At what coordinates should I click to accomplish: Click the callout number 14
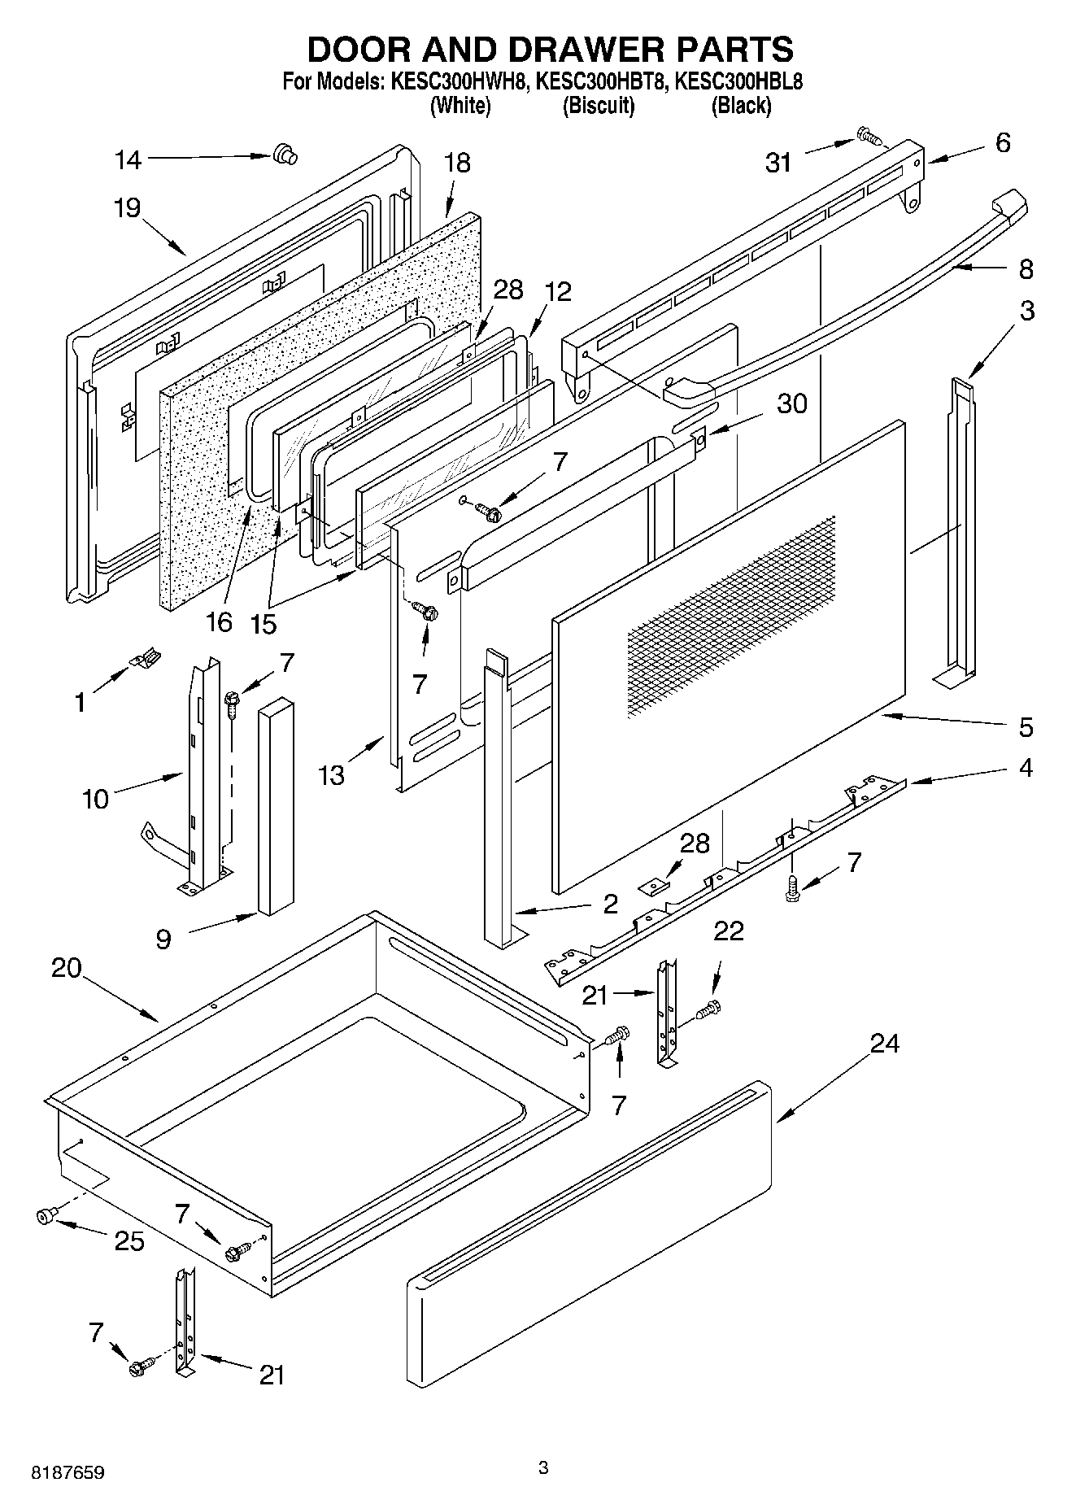(x=128, y=160)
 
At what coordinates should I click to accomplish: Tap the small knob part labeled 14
(x=284, y=153)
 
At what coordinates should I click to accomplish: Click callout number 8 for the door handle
(x=1026, y=269)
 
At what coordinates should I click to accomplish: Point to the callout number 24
(x=885, y=1044)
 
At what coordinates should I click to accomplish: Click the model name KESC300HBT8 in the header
(x=601, y=82)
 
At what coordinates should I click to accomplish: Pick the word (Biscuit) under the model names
(x=599, y=106)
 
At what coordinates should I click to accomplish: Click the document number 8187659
(x=68, y=1473)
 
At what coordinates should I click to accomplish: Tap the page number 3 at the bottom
(x=543, y=1467)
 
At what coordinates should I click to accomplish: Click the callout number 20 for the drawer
(x=67, y=968)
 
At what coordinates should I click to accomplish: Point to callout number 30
(x=791, y=403)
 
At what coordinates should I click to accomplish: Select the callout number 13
(x=332, y=775)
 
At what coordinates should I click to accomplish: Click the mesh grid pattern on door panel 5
(x=732, y=614)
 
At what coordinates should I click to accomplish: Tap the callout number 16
(x=220, y=622)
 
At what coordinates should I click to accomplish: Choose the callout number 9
(x=163, y=939)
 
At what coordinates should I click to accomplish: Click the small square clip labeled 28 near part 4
(x=653, y=884)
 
